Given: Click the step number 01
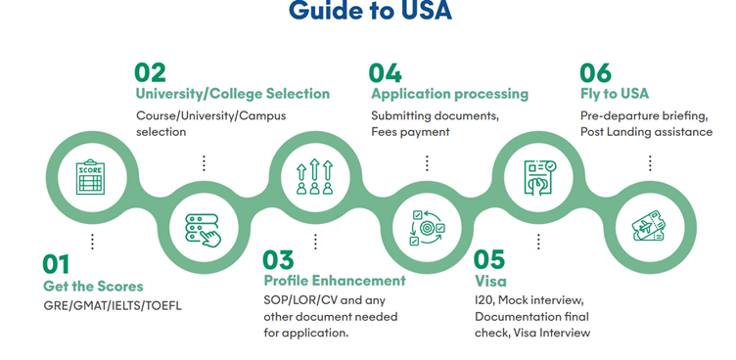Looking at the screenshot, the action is [56, 264].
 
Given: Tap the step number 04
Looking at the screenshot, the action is [385, 72].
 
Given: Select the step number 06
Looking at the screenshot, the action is [596, 72].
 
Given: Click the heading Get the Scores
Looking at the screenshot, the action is [93, 286].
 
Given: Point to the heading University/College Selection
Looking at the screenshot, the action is [233, 93].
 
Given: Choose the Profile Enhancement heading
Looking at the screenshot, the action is [335, 281].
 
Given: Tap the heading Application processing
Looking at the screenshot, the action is [449, 94].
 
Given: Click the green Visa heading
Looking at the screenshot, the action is [490, 281].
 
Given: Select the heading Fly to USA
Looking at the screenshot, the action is [615, 94].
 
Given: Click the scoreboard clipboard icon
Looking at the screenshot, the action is [91, 177].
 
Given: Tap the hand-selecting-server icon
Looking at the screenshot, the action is [203, 230].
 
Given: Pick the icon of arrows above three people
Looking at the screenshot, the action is [314, 176].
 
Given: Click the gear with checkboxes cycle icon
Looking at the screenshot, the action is [427, 228].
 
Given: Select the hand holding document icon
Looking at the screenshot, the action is [539, 176].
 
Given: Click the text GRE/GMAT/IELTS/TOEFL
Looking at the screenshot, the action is [113, 305].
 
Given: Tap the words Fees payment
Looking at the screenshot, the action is [411, 132].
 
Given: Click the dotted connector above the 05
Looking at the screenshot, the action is [538, 242].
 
